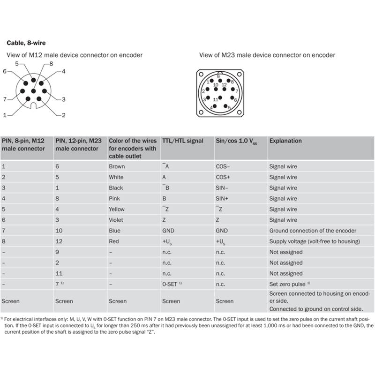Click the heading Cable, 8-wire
[x=26, y=43]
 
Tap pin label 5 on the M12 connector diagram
[x=17, y=63]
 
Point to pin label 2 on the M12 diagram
[x=63, y=115]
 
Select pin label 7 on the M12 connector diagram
[x=5, y=99]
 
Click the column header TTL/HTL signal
[x=183, y=141]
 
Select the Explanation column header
[x=285, y=141]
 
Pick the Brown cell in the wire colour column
[x=117, y=166]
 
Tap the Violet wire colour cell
[x=116, y=220]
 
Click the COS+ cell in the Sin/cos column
[x=223, y=177]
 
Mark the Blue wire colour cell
[x=114, y=231]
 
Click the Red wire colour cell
[x=114, y=241]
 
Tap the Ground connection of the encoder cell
[x=313, y=231]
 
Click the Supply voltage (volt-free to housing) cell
[x=315, y=241]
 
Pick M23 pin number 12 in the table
[x=59, y=241]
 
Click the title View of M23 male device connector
[x=267, y=55]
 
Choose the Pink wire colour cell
[x=115, y=199]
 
